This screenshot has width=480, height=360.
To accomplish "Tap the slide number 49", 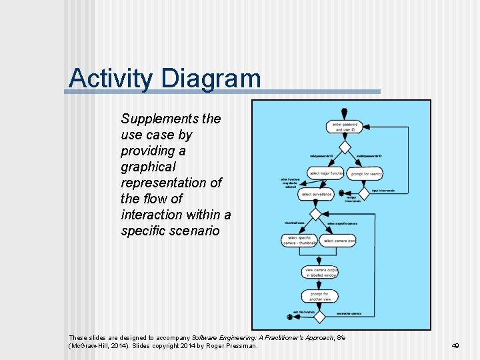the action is point(455,346).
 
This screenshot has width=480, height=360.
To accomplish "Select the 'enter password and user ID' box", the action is point(345,127).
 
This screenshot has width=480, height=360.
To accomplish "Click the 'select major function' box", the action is point(325,173).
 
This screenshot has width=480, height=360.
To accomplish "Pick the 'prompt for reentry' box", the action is point(367,173).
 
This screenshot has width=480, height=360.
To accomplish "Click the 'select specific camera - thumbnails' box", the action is point(300,240).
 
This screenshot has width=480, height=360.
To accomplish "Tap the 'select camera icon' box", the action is point(339,240).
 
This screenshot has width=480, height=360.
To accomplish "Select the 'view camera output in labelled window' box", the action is point(321,272).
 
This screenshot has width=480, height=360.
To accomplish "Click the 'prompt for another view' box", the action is point(320,295).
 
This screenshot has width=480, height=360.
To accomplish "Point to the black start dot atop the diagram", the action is point(344,111).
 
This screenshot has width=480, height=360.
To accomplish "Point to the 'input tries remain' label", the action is point(383,191).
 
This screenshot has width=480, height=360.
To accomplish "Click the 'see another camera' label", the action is point(349,313).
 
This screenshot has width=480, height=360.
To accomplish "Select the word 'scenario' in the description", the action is point(195,231).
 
